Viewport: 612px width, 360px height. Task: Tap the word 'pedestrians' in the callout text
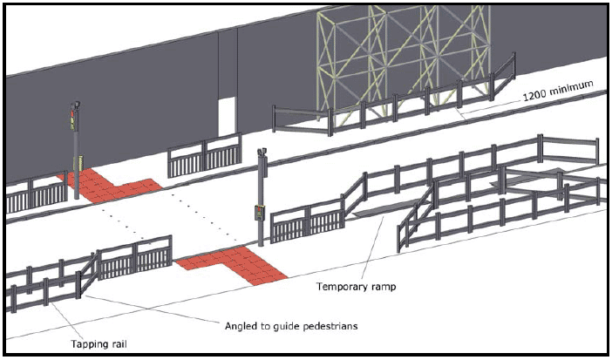coord(330,325)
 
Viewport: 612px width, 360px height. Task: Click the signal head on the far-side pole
coord(74,118)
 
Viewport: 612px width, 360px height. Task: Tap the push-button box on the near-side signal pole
coord(259,212)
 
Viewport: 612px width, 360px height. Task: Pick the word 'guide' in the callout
coord(279,326)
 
